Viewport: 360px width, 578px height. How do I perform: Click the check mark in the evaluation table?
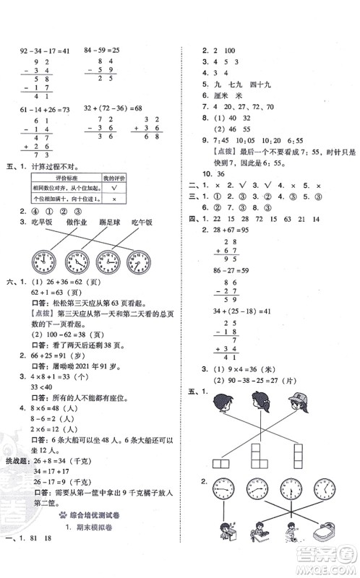[110, 186]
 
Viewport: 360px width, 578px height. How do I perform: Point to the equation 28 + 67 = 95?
[215, 247]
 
